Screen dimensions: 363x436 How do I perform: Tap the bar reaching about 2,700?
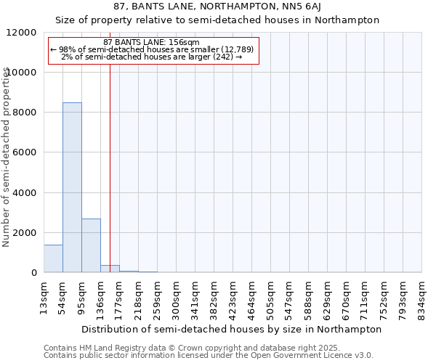click(x=91, y=245)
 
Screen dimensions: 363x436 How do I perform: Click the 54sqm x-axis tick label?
click(x=63, y=298)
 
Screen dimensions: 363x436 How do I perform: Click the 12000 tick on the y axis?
click(x=23, y=33)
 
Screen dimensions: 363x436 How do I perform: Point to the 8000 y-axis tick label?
click(x=25, y=113)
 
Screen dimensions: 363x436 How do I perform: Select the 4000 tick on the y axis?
click(x=25, y=193)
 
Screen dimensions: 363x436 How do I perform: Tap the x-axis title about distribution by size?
click(x=232, y=329)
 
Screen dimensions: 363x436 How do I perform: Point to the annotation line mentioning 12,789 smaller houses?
click(x=152, y=49)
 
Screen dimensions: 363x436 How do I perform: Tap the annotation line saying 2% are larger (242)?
click(x=152, y=57)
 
